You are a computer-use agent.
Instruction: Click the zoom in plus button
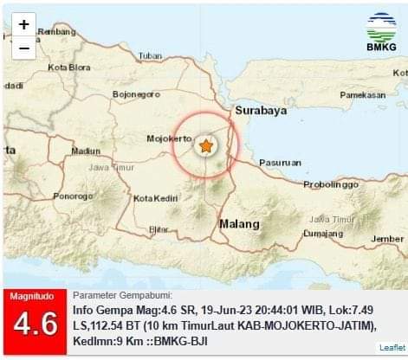click(23, 25)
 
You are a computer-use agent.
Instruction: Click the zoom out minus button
click(23, 48)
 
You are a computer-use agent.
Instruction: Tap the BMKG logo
click(381, 35)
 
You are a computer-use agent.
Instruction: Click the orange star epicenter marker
click(206, 146)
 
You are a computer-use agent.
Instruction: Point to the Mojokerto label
click(169, 138)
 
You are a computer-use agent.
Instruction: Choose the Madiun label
click(86, 150)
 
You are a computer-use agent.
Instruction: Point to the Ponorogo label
click(73, 196)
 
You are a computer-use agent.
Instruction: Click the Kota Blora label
click(69, 67)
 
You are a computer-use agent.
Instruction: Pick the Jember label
click(387, 239)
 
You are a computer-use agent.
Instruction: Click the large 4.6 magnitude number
click(35, 325)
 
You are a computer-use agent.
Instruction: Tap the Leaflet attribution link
click(392, 347)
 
